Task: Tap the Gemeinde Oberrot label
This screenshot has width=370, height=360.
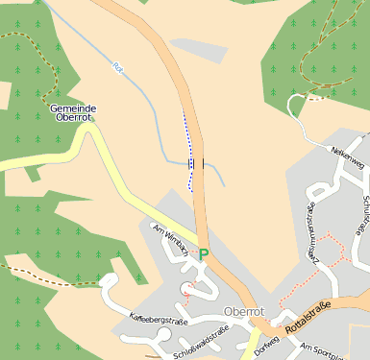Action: click(73, 113)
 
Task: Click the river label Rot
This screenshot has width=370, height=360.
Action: click(118, 68)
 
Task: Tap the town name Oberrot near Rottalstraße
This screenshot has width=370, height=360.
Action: click(242, 312)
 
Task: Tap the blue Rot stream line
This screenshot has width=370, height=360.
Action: click(144, 96)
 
